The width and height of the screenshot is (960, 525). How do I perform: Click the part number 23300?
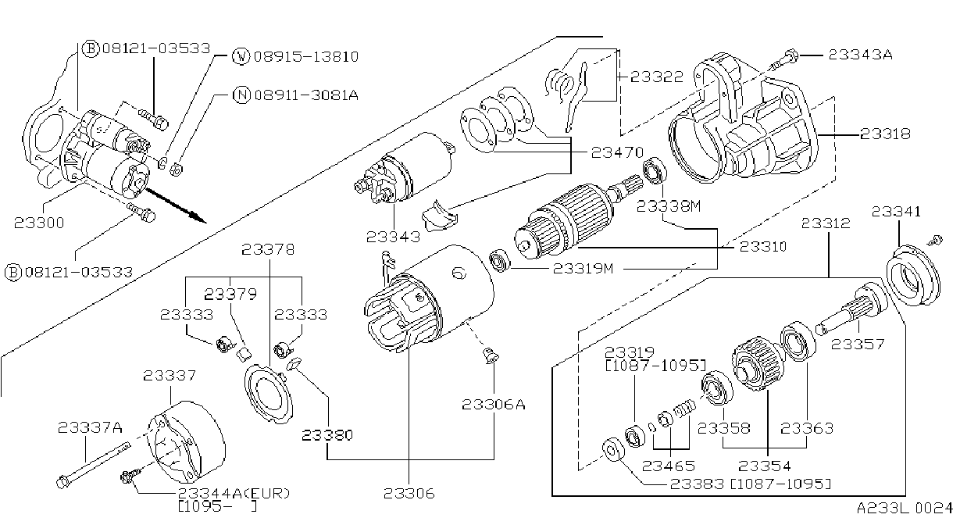pyautogui.click(x=39, y=223)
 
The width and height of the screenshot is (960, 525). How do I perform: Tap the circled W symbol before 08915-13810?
pyautogui.click(x=241, y=56)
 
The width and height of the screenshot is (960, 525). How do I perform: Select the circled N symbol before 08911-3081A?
pyautogui.click(x=241, y=95)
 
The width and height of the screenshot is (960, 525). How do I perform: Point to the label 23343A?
pyautogui.click(x=860, y=55)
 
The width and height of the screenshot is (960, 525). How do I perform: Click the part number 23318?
pyautogui.click(x=885, y=134)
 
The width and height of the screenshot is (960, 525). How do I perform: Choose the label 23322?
pyautogui.click(x=657, y=77)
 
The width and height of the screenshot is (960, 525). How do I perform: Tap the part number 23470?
pyautogui.click(x=617, y=152)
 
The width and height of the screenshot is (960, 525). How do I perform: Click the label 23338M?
pyautogui.click(x=669, y=206)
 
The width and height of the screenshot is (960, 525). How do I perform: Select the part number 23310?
pyautogui.click(x=763, y=246)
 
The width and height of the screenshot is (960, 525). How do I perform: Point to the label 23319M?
pyautogui.click(x=583, y=269)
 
